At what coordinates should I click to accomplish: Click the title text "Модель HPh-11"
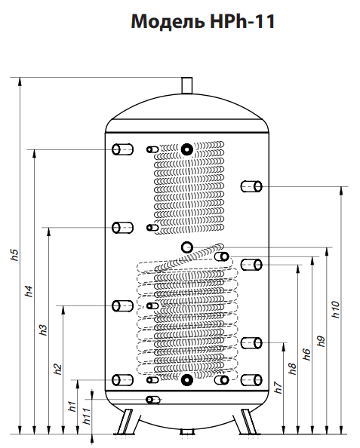point(203,21)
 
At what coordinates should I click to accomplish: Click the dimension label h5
point(14,255)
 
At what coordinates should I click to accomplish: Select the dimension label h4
point(29,291)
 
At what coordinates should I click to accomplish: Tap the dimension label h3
point(43,330)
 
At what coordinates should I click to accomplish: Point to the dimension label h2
point(58,369)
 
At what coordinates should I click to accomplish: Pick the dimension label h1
point(72,407)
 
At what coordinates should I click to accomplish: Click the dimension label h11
point(87,416)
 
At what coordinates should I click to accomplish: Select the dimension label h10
point(336,309)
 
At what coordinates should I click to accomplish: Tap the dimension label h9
point(322,341)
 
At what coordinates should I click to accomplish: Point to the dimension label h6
point(307,354)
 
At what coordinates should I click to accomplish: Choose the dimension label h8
point(292,369)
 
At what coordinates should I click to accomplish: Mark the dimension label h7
point(278,388)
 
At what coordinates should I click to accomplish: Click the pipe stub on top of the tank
point(187,85)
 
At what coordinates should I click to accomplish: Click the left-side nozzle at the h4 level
point(122,149)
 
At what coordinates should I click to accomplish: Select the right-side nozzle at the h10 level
point(251,186)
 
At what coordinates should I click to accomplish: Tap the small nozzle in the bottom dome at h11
point(153,400)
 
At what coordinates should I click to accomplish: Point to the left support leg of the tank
point(125,422)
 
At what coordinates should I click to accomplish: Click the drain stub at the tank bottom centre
point(187,432)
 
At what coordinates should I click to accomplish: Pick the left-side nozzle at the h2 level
point(122,306)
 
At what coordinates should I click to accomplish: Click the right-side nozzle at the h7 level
point(251,343)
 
